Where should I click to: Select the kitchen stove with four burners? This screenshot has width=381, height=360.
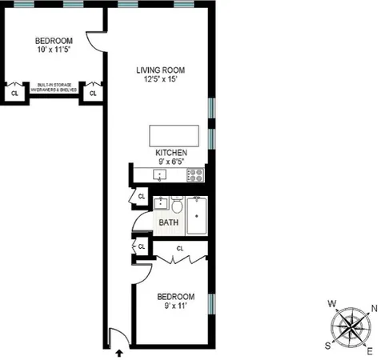pyautogui.click(x=195, y=174)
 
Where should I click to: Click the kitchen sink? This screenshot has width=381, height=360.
pyautogui.click(x=161, y=174)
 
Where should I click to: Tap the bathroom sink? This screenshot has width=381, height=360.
pyautogui.click(x=162, y=203)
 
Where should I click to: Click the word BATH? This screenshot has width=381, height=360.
pyautogui.click(x=168, y=223)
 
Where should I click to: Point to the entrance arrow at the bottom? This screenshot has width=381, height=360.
pyautogui.click(x=120, y=351)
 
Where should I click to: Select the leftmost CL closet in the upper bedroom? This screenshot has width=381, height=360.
pyautogui.click(x=14, y=94)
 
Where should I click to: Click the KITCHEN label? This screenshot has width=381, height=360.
pyautogui.click(x=171, y=151)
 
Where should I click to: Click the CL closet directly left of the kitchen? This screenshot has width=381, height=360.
pyautogui.click(x=141, y=195)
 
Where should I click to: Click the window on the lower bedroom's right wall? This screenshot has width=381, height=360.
pyautogui.click(x=211, y=305)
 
